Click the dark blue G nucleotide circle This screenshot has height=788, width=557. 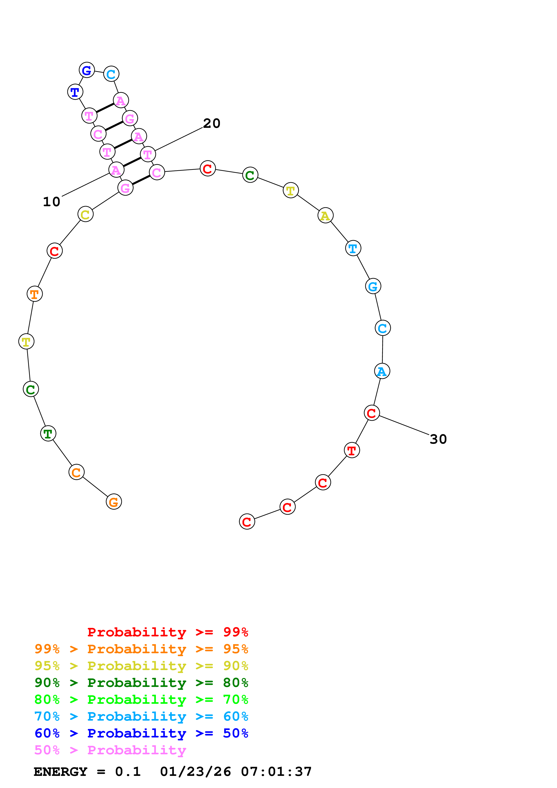tap(87, 70)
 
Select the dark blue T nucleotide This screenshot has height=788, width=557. tap(75, 92)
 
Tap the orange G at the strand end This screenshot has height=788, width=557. tap(114, 502)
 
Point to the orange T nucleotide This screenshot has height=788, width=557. tap(35, 294)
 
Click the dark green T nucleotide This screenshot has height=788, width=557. tap(48, 434)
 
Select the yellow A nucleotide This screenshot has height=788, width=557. tap(325, 216)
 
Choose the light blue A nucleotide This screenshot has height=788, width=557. tap(382, 371)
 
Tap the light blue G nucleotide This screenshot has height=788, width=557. tap(373, 286)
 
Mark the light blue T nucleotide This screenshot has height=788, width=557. tap(353, 248)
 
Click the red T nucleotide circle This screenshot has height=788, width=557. tap(352, 450)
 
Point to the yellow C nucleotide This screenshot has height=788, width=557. tap(85, 214)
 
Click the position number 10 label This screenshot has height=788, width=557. tap(51, 202)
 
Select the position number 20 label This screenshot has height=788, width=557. tap(211, 124)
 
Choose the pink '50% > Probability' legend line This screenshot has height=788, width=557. tap(110, 750)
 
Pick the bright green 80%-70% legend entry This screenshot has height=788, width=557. tap(141, 700)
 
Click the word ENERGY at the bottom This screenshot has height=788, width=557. tap(60, 772)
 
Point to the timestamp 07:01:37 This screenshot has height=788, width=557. tap(276, 772)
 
